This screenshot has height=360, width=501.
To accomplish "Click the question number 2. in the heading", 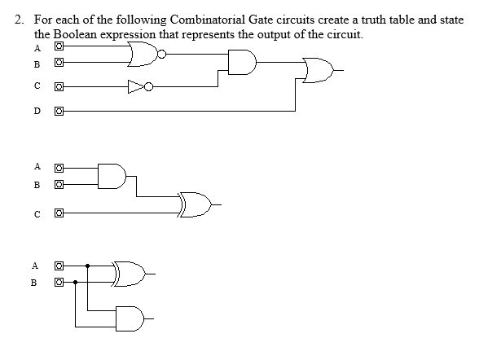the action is point(22,19).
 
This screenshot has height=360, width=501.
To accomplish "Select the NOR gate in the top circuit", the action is point(143,55).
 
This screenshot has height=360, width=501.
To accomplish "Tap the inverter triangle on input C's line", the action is point(135,86).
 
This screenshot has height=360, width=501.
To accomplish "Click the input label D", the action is point(37,111).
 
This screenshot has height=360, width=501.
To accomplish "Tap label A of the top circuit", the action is point(37,46).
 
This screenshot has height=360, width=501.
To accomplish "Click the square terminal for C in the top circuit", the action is point(59,86).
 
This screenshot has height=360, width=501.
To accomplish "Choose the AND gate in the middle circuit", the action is point(112,176).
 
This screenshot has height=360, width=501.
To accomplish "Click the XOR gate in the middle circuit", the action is point(195,204).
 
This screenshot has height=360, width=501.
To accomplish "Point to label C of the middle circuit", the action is point(37,213).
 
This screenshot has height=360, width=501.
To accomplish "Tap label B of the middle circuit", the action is point(37,185).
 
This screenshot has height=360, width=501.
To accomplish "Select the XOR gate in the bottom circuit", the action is point(130,274).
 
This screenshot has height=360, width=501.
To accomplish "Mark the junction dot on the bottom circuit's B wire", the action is point(76,283).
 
